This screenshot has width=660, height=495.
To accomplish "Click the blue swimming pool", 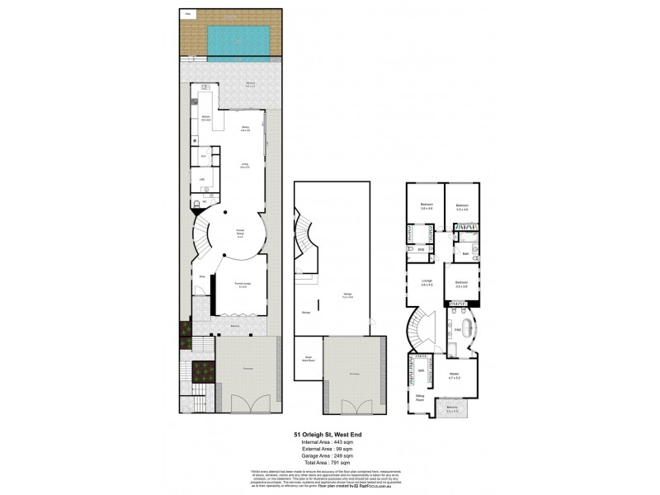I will pos(238,37).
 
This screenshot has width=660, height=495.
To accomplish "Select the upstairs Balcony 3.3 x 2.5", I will pos(452,409).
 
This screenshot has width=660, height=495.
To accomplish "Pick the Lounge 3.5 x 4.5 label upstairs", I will pos(427,284).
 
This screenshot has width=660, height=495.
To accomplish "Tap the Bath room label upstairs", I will pos(465,253).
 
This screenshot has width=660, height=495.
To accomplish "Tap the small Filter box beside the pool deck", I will pos(188,15).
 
